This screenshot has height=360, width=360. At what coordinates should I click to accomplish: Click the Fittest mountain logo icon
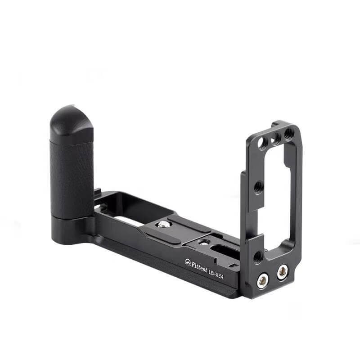(x=188, y=261)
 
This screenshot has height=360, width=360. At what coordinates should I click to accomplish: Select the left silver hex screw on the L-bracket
(x=263, y=281)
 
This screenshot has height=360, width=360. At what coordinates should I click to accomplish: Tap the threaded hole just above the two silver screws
(x=258, y=257)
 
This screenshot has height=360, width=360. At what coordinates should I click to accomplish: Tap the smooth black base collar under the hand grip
(x=72, y=225)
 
